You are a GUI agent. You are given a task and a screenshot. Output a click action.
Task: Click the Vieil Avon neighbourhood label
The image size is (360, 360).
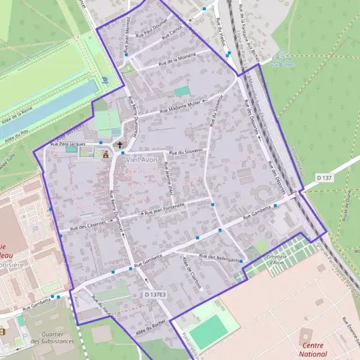[140, 160]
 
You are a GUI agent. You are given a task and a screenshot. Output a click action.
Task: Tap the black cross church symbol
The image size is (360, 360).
[120, 145]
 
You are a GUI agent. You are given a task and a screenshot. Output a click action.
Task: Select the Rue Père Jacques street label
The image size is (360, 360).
[69, 145]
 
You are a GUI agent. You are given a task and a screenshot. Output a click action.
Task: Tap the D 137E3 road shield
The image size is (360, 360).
[154, 295]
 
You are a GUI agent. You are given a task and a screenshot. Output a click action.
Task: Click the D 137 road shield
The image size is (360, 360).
[324, 178]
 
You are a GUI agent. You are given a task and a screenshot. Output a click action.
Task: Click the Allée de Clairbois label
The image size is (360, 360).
[192, 274]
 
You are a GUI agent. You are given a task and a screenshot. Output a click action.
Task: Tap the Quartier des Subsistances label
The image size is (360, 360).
[53, 337]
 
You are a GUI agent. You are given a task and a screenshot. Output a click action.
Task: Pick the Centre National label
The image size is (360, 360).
[313, 349]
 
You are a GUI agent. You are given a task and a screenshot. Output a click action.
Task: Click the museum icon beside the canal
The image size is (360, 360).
[106, 80]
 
